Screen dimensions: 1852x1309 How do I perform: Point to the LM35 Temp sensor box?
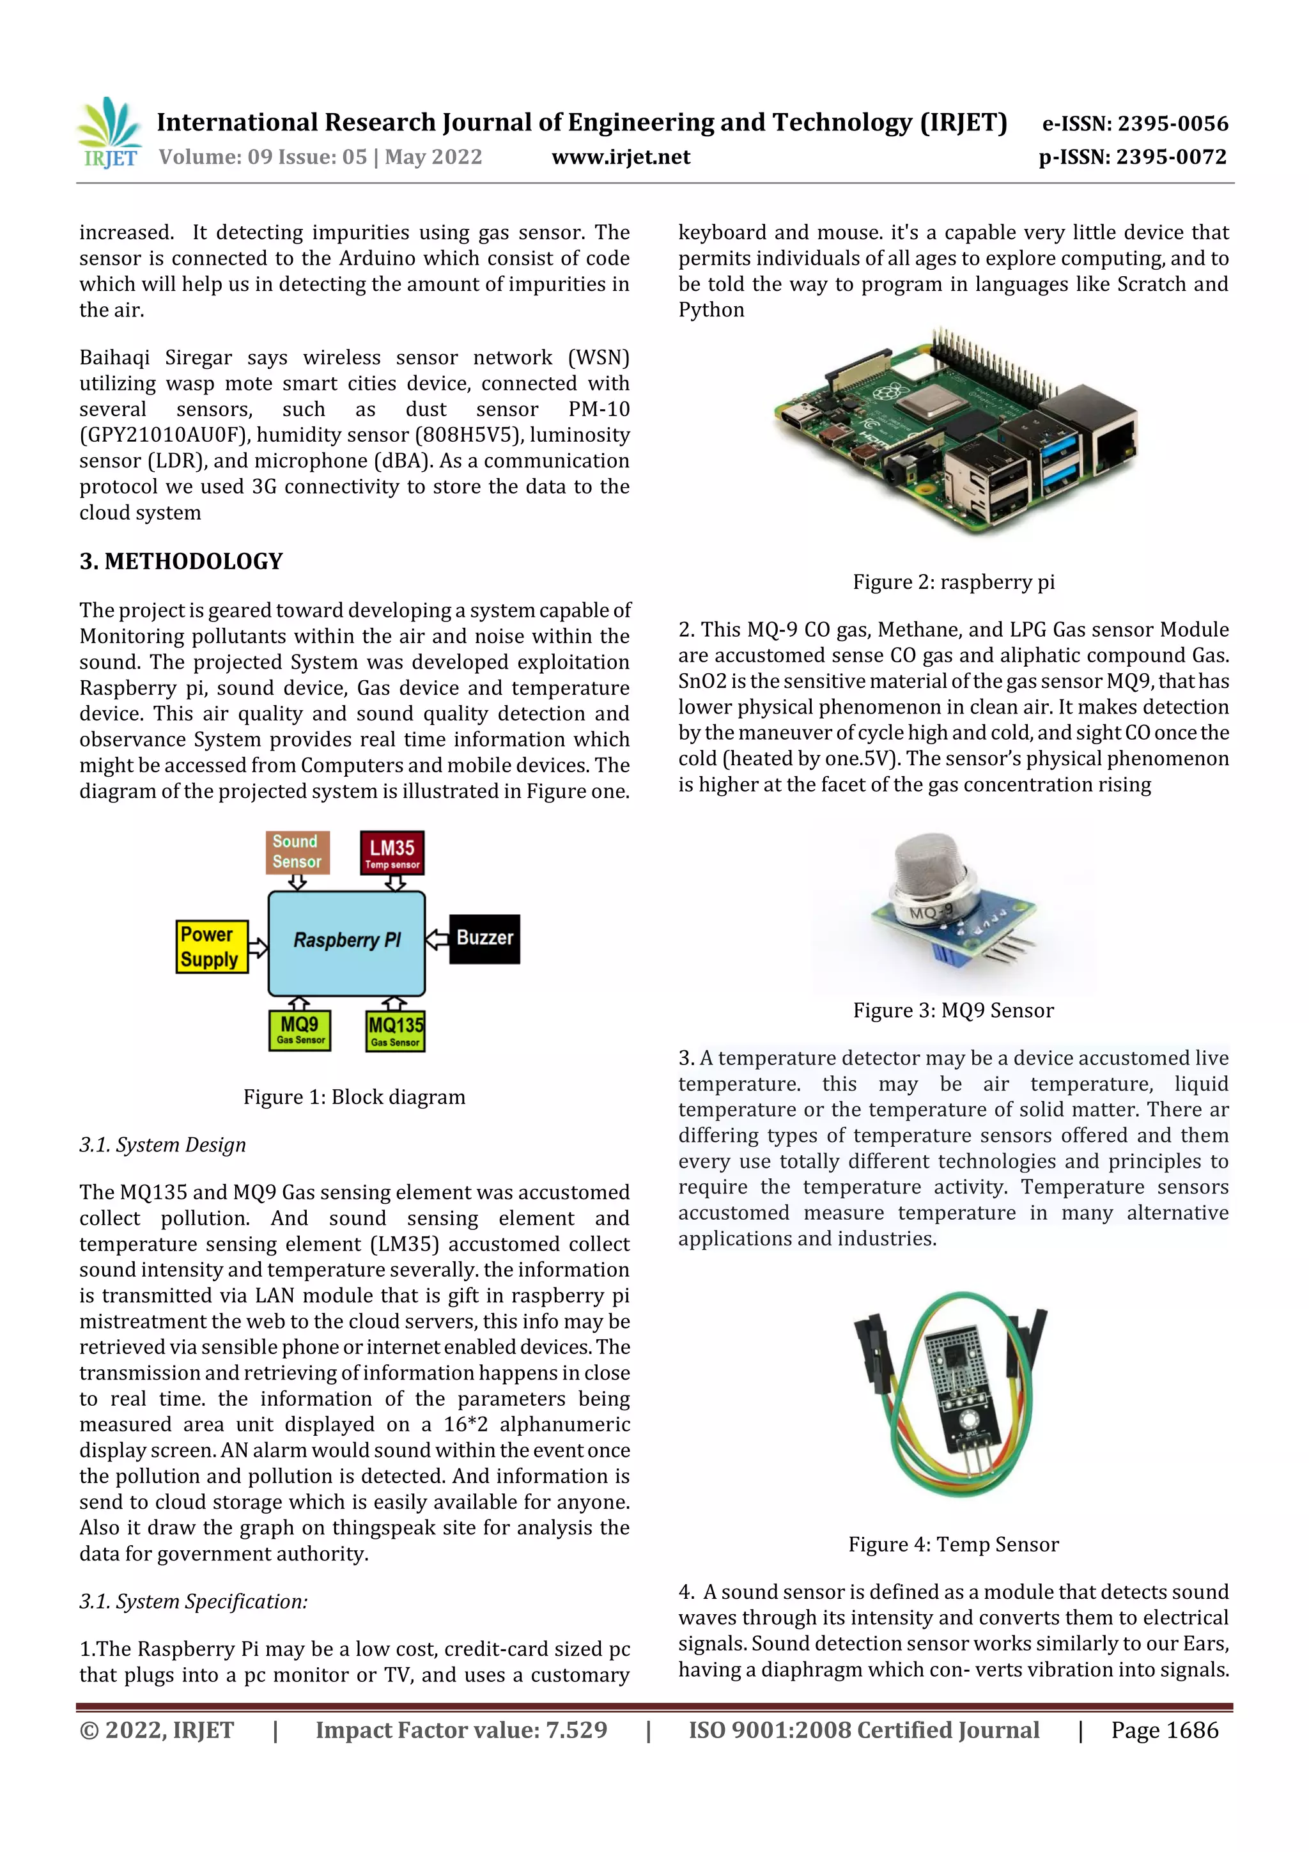coord(392,853)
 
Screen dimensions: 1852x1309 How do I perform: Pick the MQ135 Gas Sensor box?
coord(395,1032)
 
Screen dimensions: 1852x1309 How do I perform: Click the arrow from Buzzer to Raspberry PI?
coord(437,938)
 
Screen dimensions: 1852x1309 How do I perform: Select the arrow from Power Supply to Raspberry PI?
coord(258,947)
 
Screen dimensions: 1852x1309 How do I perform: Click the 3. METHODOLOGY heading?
coord(182,561)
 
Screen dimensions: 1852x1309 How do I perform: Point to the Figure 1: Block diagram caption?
coord(354,1097)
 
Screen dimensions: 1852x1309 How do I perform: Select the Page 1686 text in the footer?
coord(1164,1730)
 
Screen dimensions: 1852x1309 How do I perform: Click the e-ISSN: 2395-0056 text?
coord(1135,123)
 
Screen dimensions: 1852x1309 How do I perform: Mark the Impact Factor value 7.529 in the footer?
coord(461,1730)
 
